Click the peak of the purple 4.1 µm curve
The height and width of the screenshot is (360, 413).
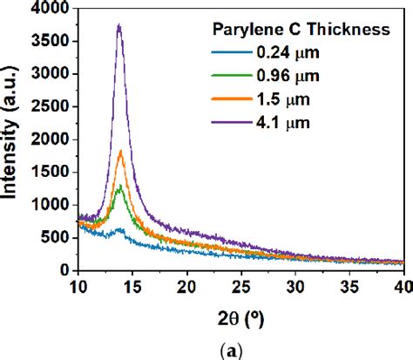[x=118, y=25]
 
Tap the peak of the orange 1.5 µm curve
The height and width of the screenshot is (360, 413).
[x=120, y=152]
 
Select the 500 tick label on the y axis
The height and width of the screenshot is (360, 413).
[x=58, y=238]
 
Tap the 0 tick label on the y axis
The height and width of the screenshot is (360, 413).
[x=65, y=270]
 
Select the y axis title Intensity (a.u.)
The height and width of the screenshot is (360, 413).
[x=16, y=139]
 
